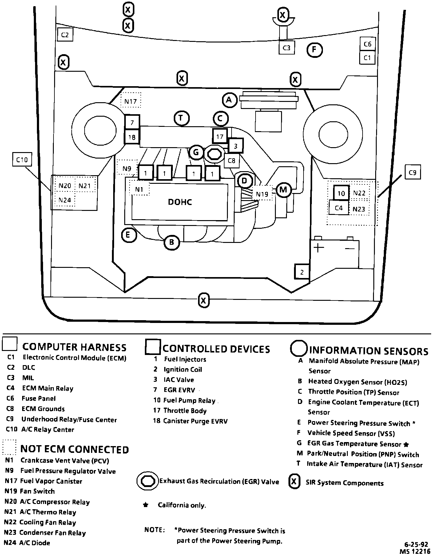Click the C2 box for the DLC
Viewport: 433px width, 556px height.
tap(65, 35)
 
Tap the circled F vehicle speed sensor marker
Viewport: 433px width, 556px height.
tap(314, 50)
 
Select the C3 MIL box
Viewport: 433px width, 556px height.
tap(286, 48)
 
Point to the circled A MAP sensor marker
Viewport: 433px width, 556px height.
tap(229, 100)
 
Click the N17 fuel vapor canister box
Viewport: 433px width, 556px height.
tap(131, 101)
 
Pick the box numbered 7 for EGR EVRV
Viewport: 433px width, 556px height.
tap(132, 123)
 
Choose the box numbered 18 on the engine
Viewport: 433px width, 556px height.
tap(132, 137)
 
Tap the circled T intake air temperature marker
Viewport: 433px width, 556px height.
tap(181, 118)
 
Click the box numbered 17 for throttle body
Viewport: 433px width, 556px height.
tap(220, 136)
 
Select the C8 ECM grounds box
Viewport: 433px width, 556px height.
tap(232, 160)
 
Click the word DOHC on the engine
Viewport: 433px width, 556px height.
tap(180, 202)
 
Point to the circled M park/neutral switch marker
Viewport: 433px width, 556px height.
tap(283, 190)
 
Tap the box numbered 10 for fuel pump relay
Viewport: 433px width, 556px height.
tap(341, 193)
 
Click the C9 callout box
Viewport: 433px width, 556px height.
tap(412, 173)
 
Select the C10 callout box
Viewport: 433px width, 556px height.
tap(22, 159)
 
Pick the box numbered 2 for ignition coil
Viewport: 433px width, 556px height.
tap(302, 272)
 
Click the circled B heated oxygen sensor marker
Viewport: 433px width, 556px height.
tap(172, 242)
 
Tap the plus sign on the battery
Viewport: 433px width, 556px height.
tap(319, 248)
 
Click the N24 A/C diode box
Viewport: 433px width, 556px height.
tap(65, 200)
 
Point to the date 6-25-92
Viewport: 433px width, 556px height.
tap(418, 544)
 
